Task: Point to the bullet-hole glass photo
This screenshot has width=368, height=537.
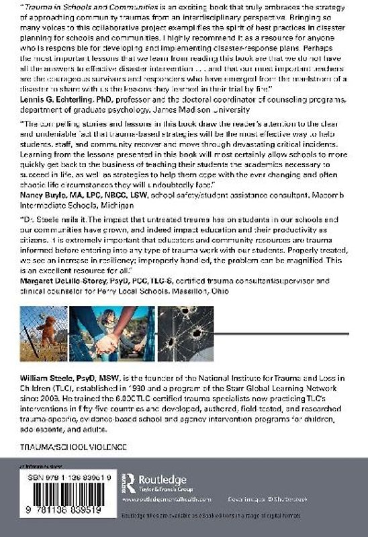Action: point(186,334)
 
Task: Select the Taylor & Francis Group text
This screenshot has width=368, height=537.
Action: point(163,489)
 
